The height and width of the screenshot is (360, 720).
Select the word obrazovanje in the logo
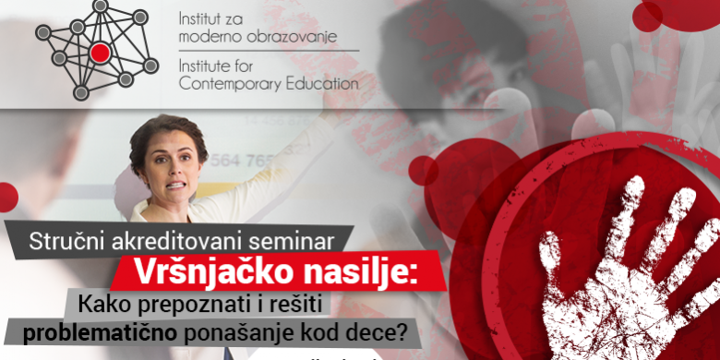[x=294, y=38]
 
